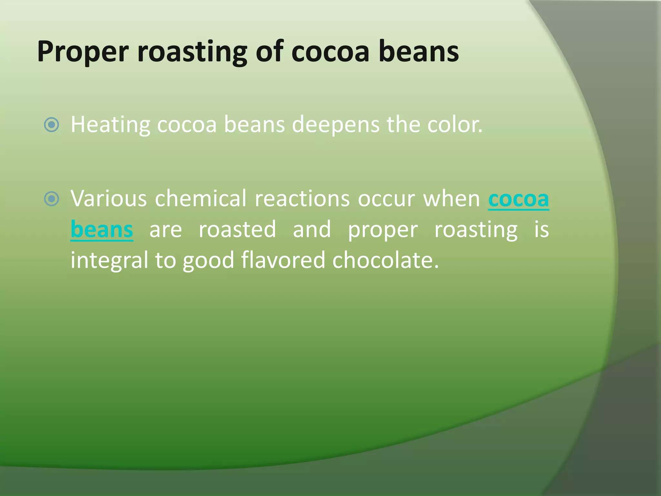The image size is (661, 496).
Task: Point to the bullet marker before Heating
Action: tap(52, 125)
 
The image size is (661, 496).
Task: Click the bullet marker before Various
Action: tap(52, 199)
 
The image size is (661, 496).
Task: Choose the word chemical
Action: tap(200, 198)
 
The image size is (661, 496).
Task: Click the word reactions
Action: tap(302, 198)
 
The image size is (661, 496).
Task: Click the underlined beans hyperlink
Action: tap(102, 230)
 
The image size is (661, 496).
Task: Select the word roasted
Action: tap(237, 230)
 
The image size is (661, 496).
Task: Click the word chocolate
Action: tap(385, 260)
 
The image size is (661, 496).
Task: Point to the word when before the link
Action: tap(452, 198)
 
